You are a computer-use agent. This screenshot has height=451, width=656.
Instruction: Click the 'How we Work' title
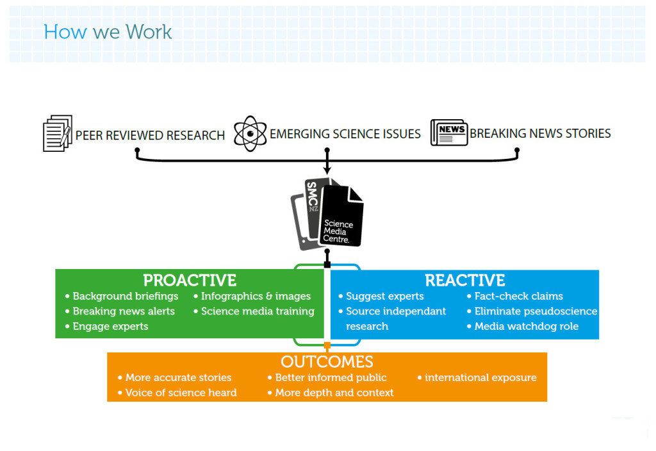point(108,31)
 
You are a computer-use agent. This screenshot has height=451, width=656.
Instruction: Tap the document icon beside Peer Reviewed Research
point(57,133)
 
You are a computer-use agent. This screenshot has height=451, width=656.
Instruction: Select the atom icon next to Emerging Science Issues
point(250,133)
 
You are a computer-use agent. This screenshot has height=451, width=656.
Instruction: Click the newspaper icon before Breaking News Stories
point(448,133)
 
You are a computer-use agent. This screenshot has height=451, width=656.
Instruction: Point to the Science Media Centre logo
point(327,213)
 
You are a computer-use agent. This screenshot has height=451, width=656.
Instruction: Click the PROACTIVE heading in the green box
point(190,281)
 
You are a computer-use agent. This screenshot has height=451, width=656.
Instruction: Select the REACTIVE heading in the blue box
point(465,281)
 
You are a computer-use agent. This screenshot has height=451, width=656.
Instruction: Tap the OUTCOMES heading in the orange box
point(327,362)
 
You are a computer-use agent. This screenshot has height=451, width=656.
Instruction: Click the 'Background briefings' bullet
point(125,296)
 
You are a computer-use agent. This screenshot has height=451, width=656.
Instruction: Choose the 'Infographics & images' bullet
point(255,296)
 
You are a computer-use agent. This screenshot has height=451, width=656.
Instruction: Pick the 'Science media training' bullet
point(257,311)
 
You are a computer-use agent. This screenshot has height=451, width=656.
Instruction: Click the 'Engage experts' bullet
point(110,327)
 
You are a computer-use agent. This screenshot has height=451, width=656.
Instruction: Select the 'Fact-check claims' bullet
point(518,296)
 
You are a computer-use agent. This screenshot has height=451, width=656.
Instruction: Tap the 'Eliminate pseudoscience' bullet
point(535,311)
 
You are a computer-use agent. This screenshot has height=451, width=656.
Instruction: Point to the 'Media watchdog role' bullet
point(526,327)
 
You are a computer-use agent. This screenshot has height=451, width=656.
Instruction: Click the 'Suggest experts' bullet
point(384,296)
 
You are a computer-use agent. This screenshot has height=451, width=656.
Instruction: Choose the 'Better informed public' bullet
point(331,377)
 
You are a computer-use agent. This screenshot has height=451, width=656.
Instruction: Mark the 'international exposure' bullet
point(480,377)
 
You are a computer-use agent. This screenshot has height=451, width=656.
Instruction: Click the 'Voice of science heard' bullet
point(181,393)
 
